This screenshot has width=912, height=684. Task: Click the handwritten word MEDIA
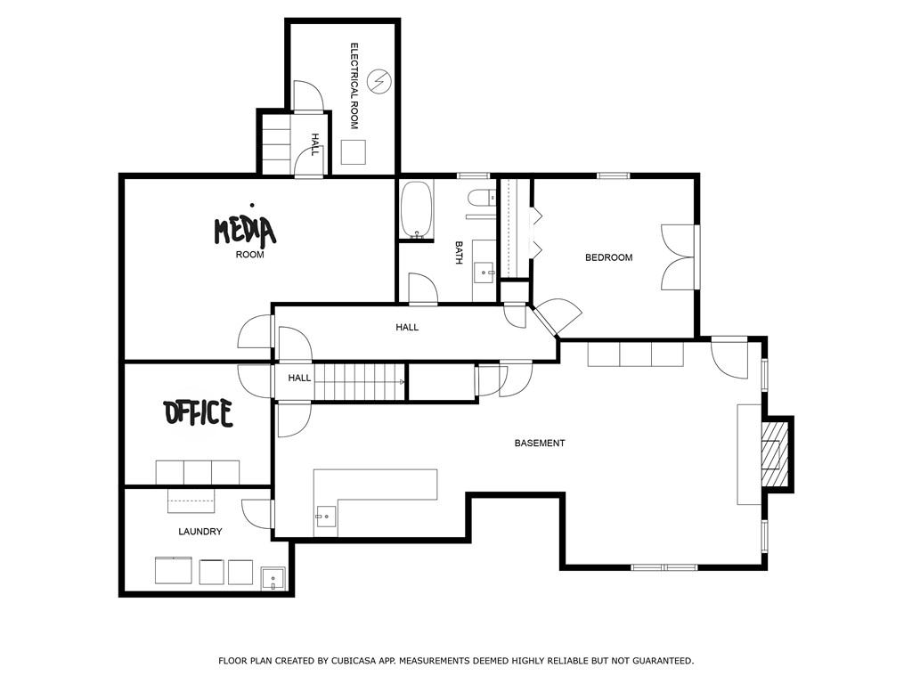(x=244, y=231)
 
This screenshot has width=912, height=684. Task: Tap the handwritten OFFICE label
(x=199, y=413)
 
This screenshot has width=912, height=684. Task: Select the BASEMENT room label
(x=540, y=443)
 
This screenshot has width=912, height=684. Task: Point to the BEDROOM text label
(x=608, y=257)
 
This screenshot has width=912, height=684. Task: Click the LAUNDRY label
(x=199, y=532)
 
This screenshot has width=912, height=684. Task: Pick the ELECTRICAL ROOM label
(x=354, y=85)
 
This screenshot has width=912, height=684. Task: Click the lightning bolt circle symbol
(x=379, y=81)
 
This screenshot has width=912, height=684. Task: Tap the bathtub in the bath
(x=416, y=211)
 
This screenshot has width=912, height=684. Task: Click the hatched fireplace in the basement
(x=775, y=454)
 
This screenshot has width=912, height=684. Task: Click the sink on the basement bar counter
(x=326, y=516)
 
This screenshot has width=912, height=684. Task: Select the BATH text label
(x=459, y=253)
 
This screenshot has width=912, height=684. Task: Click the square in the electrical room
(x=354, y=152)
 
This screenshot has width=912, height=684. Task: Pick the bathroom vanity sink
(x=485, y=270)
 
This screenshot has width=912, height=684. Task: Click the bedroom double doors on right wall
(x=680, y=257)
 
